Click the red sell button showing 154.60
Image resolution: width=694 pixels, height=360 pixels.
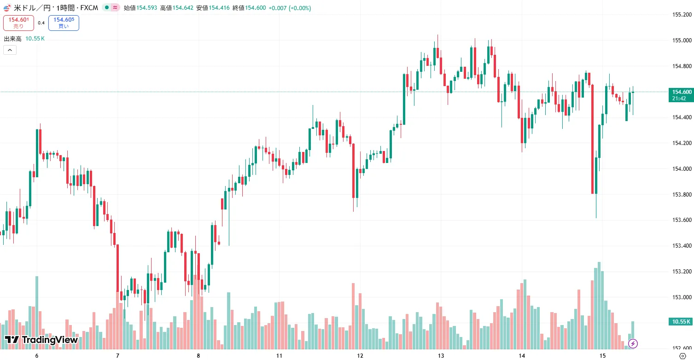pyautogui.click(x=18, y=23)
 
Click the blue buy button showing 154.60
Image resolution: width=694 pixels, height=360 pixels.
pyautogui.click(x=64, y=23)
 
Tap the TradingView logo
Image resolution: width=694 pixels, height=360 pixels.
pyautogui.click(x=41, y=340)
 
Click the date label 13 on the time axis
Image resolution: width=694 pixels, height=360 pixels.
pyautogui.click(x=441, y=356)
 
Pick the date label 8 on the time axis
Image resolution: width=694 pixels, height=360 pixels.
pyautogui.click(x=198, y=356)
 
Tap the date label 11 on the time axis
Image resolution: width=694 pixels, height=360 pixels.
pyautogui.click(x=279, y=356)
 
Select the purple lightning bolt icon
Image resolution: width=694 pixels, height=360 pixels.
pyautogui.click(x=633, y=343)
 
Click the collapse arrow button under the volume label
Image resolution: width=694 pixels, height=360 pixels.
pyautogui.click(x=10, y=50)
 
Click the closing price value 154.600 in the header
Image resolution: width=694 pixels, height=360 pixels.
pyautogui.click(x=255, y=8)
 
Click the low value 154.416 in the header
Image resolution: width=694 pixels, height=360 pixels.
pyautogui.click(x=219, y=8)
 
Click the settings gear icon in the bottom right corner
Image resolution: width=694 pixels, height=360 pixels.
pyautogui.click(x=682, y=356)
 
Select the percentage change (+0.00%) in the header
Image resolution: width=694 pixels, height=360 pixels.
pyautogui.click(x=300, y=8)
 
